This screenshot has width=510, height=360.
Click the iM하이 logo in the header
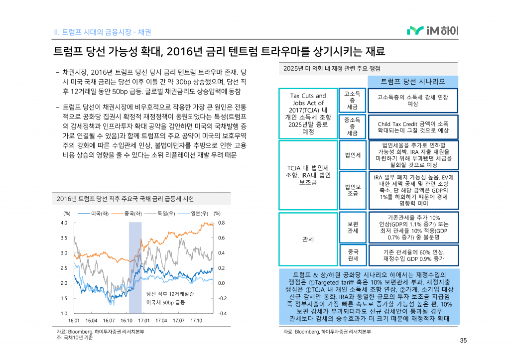pos(433,31)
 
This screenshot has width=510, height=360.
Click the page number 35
pos(463,341)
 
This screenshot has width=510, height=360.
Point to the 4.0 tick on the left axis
pos(64,223)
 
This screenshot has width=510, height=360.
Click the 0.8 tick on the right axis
pos(221,223)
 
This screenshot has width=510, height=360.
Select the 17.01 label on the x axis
pos(144,321)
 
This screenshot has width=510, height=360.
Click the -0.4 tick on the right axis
pos(222,313)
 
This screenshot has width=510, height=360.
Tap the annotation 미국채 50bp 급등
pos(165,302)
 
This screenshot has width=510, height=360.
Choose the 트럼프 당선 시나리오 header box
pos(413,81)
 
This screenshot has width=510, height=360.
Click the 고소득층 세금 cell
pos(352,100)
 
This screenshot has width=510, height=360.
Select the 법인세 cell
pos(352,155)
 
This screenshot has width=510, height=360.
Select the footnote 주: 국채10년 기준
pos(75,338)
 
